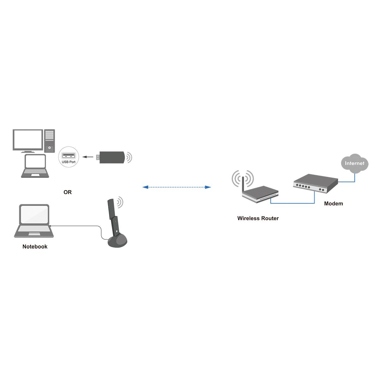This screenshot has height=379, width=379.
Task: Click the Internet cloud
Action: click(354, 163)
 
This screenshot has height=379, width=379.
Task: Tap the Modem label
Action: click(333, 204)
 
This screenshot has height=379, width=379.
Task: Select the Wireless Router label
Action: click(258, 218)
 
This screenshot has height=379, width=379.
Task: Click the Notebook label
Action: click(35, 247)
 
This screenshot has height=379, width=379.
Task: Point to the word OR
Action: click(68, 192)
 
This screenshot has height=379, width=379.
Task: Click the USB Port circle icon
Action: click(69, 157)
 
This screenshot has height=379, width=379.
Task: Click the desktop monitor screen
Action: click(28, 140)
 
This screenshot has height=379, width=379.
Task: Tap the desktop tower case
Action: click(50, 141)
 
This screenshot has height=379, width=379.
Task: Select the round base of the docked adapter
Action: click(117, 242)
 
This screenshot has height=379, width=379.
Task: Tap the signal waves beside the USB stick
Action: click(129, 157)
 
